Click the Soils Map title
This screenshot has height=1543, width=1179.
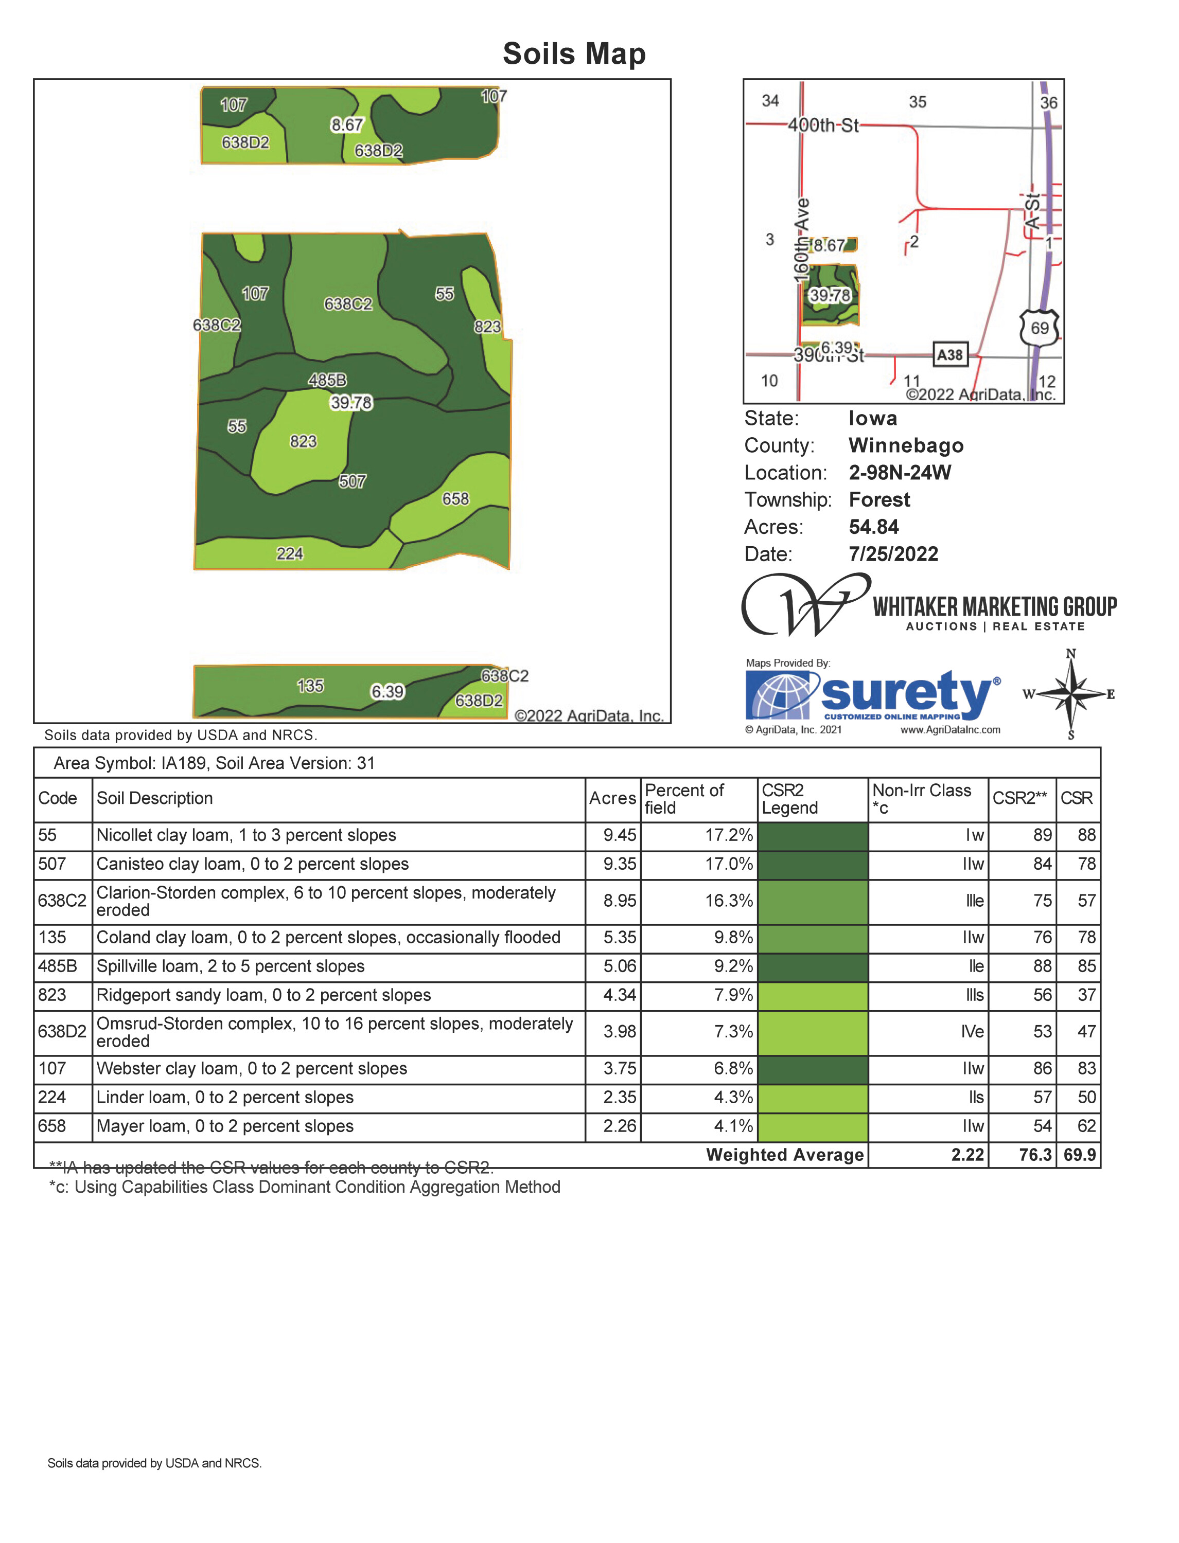[574, 54]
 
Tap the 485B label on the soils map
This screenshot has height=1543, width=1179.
[327, 380]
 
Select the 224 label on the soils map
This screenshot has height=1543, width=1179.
[289, 554]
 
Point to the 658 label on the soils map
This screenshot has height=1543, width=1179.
[455, 499]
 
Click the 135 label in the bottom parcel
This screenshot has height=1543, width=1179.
[310, 686]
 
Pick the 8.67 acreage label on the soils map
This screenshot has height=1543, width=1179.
[347, 125]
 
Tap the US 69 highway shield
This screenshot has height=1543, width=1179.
[1040, 328]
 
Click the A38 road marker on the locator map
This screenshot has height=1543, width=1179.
[949, 355]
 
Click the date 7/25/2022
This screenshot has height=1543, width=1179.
[893, 554]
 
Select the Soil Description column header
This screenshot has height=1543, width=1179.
[154, 798]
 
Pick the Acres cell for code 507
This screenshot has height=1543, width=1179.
[619, 864]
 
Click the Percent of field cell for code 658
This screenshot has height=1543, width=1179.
[733, 1126]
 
